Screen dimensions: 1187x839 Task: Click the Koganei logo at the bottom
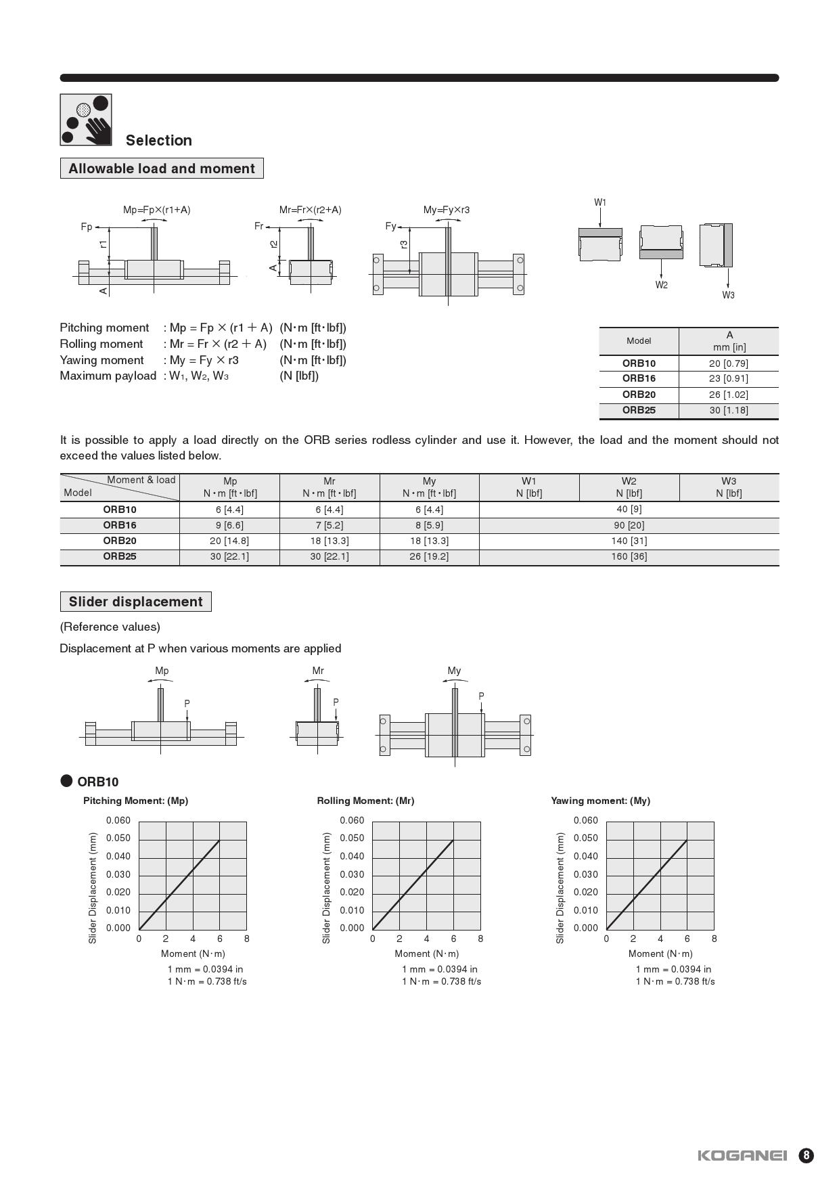click(742, 1155)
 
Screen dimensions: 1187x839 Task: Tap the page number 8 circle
click(806, 1155)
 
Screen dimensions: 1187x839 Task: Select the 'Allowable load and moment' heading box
click(162, 169)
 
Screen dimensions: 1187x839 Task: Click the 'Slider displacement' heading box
click(135, 602)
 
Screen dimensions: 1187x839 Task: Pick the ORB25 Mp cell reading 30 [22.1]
click(229, 556)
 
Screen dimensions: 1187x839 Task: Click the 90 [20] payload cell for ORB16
click(629, 525)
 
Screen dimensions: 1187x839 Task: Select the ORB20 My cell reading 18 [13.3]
click(429, 541)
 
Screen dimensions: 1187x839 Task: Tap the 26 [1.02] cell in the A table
click(728, 395)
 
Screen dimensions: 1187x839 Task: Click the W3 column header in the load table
click(728, 487)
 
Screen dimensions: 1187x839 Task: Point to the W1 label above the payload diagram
click(600, 202)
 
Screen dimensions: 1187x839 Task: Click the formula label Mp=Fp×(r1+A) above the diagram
click(157, 210)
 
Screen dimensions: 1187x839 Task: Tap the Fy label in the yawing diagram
click(390, 226)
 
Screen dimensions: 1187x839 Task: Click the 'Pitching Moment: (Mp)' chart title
click(135, 801)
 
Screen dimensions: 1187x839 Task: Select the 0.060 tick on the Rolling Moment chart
click(352, 820)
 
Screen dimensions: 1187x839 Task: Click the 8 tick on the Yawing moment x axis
click(714, 939)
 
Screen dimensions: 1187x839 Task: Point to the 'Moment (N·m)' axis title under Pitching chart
click(193, 954)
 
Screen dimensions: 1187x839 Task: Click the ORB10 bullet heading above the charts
click(97, 782)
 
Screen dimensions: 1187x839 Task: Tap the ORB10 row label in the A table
click(639, 363)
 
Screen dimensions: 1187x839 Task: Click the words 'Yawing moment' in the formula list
click(101, 360)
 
